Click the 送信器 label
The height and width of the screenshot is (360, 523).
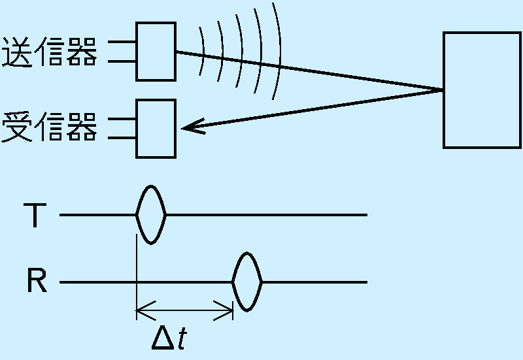point(50,52)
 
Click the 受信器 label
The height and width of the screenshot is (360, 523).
point(50,127)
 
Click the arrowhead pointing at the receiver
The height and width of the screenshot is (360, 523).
point(192,127)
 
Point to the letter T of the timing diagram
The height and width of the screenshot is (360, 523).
point(35,215)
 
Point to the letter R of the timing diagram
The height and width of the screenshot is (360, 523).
point(37,281)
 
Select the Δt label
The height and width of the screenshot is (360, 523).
point(169,338)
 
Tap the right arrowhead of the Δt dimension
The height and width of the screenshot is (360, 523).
point(224,310)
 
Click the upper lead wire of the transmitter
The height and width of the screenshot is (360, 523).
point(122,42)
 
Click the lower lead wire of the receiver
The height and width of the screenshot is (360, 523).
point(122,138)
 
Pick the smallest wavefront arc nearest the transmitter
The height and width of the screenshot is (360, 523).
point(203,51)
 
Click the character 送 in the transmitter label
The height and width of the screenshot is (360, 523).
point(18,52)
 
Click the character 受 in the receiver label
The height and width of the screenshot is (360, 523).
point(18,127)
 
